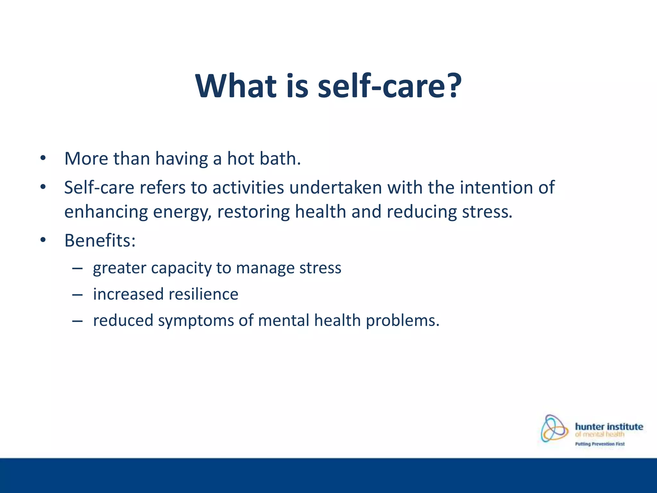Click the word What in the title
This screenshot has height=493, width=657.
(236, 86)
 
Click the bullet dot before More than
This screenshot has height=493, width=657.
(43, 159)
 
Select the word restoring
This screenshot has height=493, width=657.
(253, 212)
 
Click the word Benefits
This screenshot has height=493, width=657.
(99, 240)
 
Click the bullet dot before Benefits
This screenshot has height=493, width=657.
(43, 240)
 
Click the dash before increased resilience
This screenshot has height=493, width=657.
(77, 294)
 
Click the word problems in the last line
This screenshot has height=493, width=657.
(402, 321)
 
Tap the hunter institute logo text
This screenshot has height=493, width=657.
(609, 427)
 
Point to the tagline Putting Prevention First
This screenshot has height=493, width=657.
(600, 444)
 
